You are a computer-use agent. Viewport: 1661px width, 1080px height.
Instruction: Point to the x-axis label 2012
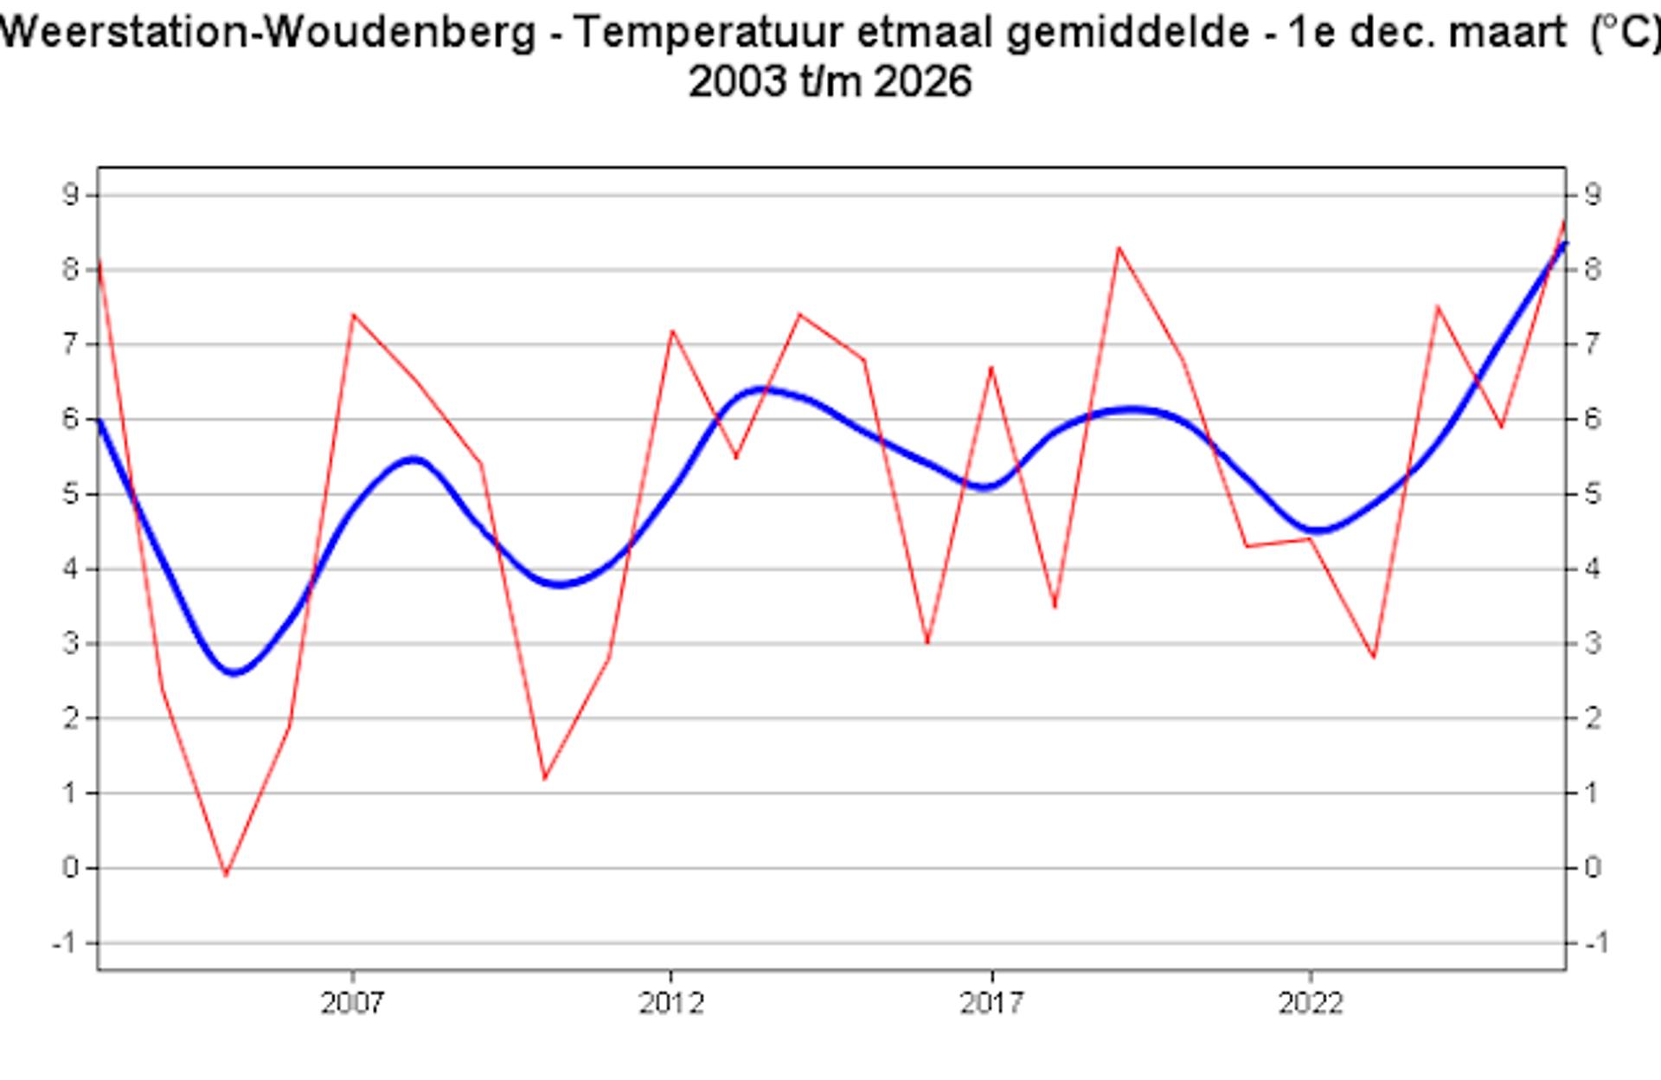[x=670, y=1003]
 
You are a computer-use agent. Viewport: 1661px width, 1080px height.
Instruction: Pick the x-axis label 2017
[x=991, y=1003]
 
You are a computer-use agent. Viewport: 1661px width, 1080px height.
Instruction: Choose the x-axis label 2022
[x=1311, y=1003]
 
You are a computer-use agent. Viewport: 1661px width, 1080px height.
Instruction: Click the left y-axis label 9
[x=70, y=195]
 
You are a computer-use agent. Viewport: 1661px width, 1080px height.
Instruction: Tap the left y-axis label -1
[x=64, y=942]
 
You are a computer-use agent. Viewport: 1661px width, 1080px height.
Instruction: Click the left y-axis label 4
[x=70, y=569]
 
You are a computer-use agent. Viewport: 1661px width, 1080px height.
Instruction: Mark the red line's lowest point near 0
[x=226, y=875]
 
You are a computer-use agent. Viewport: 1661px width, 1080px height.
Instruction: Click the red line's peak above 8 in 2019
[x=1119, y=247]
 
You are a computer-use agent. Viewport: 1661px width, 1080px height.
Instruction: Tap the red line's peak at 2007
[x=353, y=314]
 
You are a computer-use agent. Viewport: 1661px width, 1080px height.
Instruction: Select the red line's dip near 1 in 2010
[x=545, y=779]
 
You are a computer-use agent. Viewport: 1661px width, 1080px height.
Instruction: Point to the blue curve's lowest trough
[x=234, y=672]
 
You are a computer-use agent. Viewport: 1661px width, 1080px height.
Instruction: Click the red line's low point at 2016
[x=927, y=643]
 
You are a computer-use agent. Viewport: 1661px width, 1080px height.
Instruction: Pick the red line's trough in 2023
[x=1374, y=658]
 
